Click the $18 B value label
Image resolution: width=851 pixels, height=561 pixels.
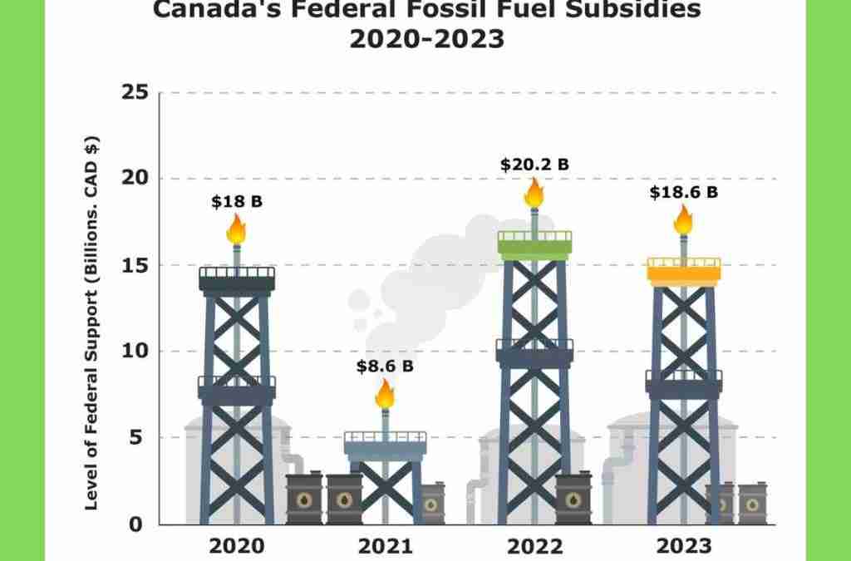(x=237, y=202)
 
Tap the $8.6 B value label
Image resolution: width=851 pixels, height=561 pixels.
(x=385, y=367)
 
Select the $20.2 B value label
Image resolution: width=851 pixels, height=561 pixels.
(x=534, y=165)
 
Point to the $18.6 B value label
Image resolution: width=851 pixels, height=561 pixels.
(x=684, y=192)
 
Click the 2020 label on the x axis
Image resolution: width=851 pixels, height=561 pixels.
(x=237, y=546)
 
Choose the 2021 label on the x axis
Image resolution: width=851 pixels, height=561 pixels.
(x=386, y=546)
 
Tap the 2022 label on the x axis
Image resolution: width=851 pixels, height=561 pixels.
(x=534, y=546)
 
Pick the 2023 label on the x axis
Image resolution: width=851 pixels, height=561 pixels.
(x=684, y=546)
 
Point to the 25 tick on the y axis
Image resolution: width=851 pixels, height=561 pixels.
(x=135, y=92)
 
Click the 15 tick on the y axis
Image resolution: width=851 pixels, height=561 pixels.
(x=135, y=265)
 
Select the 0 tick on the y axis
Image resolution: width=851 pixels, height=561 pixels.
(x=135, y=524)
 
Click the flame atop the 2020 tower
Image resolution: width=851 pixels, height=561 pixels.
(x=236, y=229)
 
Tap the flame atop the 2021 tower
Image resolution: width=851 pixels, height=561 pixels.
(x=385, y=394)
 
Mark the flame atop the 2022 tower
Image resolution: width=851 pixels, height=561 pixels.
(x=534, y=193)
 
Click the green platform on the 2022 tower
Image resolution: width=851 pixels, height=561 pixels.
(x=534, y=249)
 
